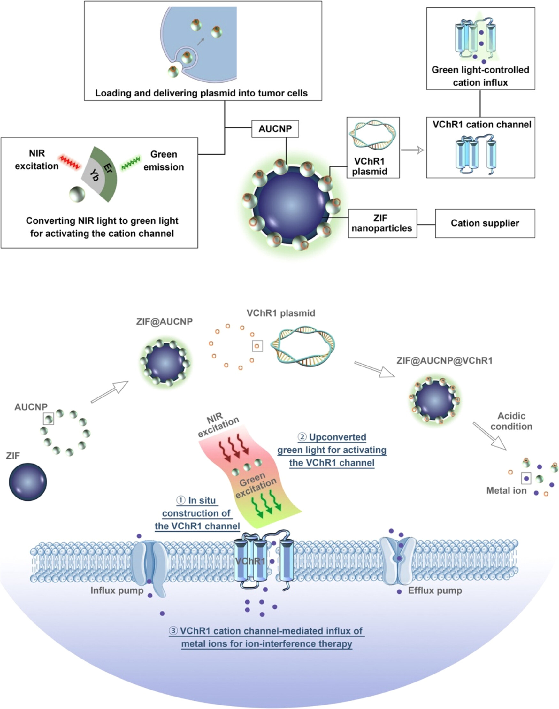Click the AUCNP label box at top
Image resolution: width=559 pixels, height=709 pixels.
(275, 129)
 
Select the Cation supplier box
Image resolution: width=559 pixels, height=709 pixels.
(485, 223)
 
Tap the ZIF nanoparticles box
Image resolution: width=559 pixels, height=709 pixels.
(382, 223)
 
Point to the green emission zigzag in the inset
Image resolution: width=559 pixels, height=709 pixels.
(131, 163)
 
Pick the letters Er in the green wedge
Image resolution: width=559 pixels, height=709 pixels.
(108, 168)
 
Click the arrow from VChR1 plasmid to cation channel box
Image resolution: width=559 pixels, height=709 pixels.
(412, 150)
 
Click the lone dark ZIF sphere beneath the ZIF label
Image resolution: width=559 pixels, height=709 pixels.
(28, 482)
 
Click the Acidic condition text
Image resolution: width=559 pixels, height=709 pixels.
(511, 421)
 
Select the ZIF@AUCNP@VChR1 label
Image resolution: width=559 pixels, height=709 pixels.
(444, 361)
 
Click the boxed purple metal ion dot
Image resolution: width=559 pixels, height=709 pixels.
(526, 478)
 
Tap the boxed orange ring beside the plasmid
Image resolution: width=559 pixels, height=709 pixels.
(257, 346)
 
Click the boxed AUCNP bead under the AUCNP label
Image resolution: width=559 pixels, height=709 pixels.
(49, 419)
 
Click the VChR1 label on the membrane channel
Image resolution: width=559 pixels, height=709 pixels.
(250, 561)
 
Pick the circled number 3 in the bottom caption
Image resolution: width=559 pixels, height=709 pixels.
(173, 631)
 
